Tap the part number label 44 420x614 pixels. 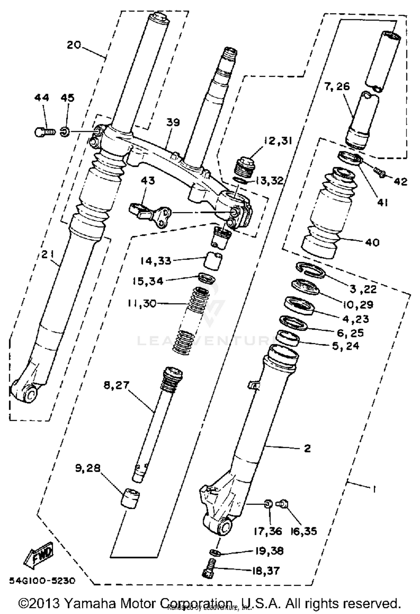(42, 98)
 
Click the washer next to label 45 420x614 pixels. (64, 131)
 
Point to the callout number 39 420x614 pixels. (173, 123)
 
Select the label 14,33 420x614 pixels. (156, 261)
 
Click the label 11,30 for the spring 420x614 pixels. (142, 303)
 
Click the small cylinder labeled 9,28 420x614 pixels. (130, 498)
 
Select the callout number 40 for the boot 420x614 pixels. (372, 242)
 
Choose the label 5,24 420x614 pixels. (345, 346)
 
